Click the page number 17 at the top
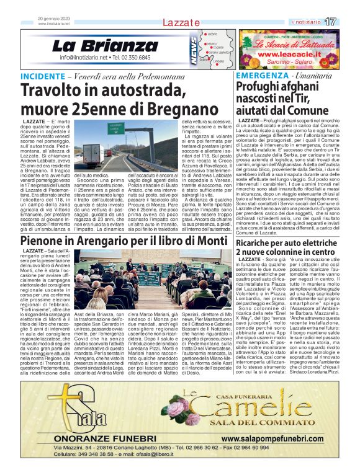(x=348, y=22)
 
